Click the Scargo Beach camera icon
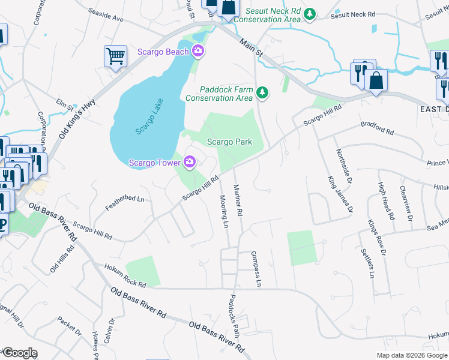198,52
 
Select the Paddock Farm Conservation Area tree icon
261,92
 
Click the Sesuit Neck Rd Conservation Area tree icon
309,13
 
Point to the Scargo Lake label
145,120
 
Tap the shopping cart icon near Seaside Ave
115,56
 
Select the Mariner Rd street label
238,200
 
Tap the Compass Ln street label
256,269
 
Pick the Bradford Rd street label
377,128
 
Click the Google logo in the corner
19,353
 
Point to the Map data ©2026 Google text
411,355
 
